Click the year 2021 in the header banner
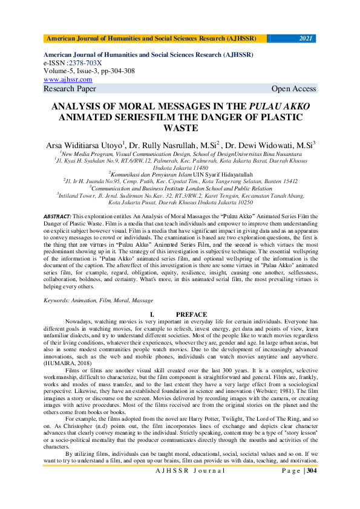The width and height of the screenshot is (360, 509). coord(306,39)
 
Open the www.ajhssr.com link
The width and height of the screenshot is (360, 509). coord(68,79)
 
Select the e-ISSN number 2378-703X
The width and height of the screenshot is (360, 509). coord(85,63)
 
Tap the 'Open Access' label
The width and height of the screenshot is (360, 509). coord(293,89)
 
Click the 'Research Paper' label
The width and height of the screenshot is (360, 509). coord(70,89)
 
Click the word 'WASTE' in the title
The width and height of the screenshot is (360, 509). coord(180,128)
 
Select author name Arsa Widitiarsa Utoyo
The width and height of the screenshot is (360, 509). coord(85,145)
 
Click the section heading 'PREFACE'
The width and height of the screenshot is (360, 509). coord(191,314)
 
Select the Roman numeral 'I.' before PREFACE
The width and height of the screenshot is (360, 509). coord(152,314)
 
